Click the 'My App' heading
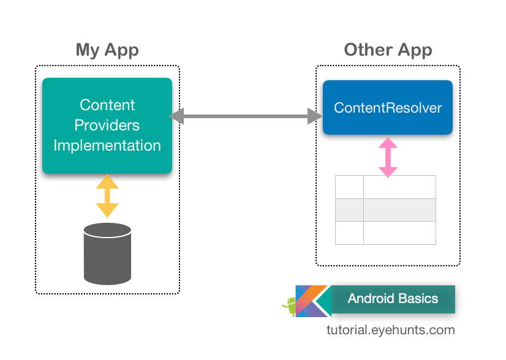[107, 50]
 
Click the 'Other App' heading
[388, 50]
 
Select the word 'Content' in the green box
[107, 105]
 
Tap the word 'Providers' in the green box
[107, 126]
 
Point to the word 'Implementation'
[107, 146]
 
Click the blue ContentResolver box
[388, 108]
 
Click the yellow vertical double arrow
[107, 196]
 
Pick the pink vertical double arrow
[387, 157]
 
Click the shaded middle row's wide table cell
[399, 210]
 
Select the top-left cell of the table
[349, 187]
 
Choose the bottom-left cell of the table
[349, 233]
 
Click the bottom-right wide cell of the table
[399, 233]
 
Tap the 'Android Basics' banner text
[393, 299]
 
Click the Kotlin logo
[312, 301]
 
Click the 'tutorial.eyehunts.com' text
[391, 331]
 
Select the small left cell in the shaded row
[349, 210]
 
